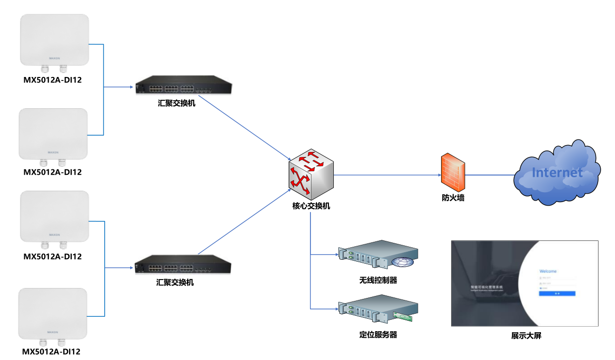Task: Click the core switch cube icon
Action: tap(311, 172)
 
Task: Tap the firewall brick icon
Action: tap(453, 172)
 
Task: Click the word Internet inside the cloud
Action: tap(557, 173)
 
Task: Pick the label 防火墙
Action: tap(453, 198)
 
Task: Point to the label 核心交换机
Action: tap(311, 206)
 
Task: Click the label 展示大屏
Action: tap(526, 336)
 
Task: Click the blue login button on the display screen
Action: tap(557, 294)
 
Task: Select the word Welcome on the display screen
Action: tap(548, 271)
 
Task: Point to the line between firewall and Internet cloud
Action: tap(489, 175)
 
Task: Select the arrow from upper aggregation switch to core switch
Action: tap(243, 127)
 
